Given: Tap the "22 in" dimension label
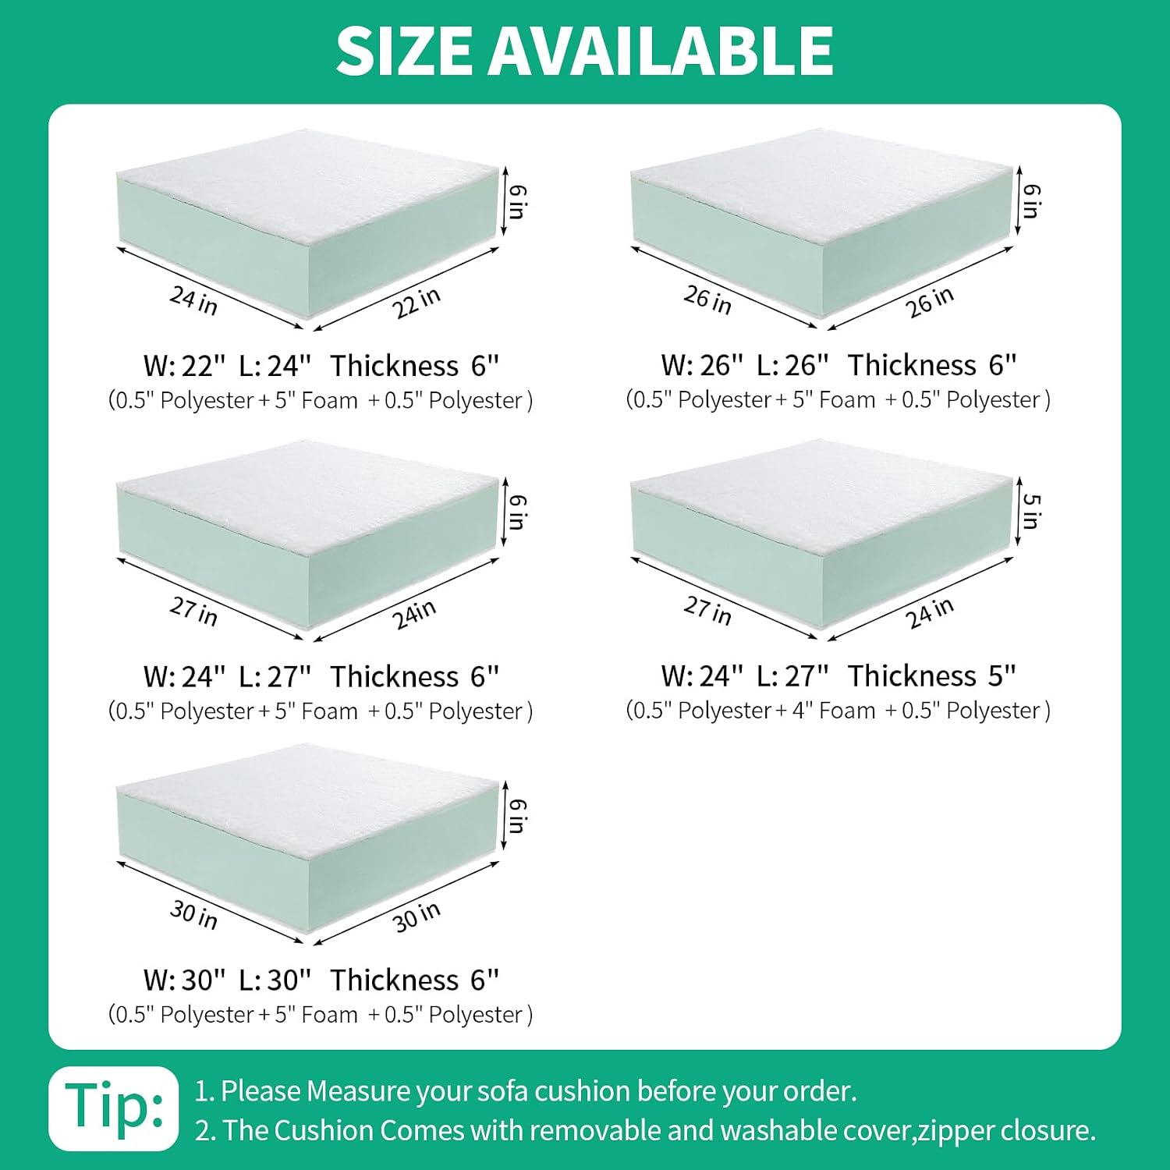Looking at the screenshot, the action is pos(417,303).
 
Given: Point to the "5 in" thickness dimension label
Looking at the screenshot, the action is pos(1031,511).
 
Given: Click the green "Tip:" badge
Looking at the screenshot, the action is pos(114,1108).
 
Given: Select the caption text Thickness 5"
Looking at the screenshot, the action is pos(932,675).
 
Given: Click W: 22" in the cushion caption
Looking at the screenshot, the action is pos(185,365).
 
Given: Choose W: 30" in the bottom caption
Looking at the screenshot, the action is pos(185,980).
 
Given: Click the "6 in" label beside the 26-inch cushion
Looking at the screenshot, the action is pos(1031,201).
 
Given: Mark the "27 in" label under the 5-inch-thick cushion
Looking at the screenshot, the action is pos(707,610).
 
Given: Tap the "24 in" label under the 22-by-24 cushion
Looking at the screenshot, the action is pos(193,300).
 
